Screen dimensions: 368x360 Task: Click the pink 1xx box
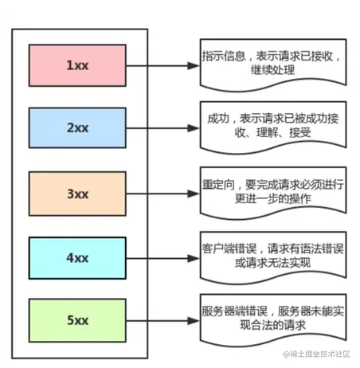click(x=77, y=63)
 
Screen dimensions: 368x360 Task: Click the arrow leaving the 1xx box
click(x=163, y=63)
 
